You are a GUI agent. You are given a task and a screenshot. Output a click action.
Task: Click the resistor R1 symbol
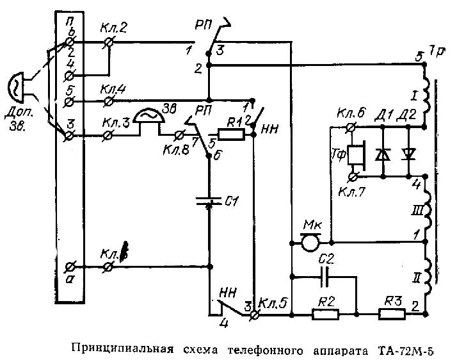pyautogui.click(x=231, y=135)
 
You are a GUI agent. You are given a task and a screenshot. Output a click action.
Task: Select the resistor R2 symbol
pyautogui.click(x=325, y=314)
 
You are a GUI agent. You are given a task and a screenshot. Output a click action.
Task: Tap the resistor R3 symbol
pyautogui.click(x=391, y=314)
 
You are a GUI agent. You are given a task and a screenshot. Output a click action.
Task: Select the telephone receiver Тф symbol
pyautogui.click(x=355, y=156)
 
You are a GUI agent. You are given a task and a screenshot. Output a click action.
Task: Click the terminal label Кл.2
pyautogui.click(x=114, y=29)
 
